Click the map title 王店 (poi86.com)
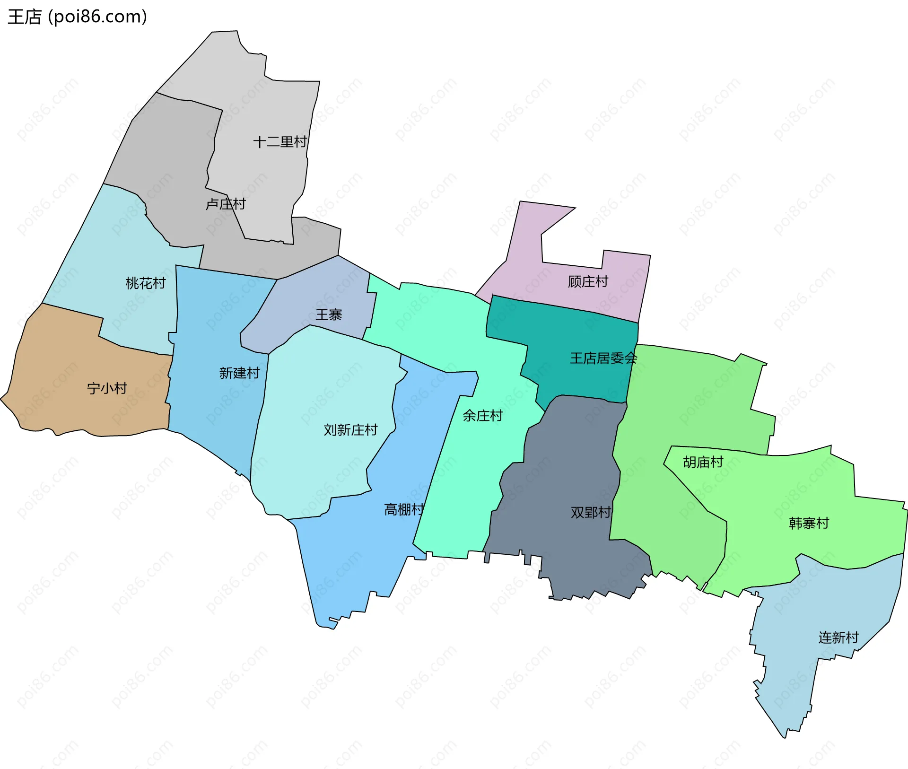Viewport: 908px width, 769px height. click(x=77, y=17)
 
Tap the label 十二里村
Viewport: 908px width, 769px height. click(x=280, y=141)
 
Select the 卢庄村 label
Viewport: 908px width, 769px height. click(x=226, y=204)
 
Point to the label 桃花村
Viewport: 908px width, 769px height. click(x=146, y=283)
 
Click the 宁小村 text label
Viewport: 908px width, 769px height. click(x=107, y=388)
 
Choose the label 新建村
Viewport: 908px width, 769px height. click(x=239, y=373)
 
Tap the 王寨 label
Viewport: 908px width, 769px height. click(x=329, y=315)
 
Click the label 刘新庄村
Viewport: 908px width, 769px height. click(x=350, y=429)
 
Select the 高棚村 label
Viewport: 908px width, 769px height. click(x=404, y=509)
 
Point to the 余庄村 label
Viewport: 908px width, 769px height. click(x=482, y=416)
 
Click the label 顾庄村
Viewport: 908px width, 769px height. click(x=588, y=281)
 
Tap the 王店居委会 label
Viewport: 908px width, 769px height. click(x=603, y=358)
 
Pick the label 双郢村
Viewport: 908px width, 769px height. click(x=591, y=512)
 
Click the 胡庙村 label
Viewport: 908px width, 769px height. click(x=703, y=462)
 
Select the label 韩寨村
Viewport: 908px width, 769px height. click(x=809, y=523)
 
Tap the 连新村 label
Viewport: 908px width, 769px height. click(x=838, y=638)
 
